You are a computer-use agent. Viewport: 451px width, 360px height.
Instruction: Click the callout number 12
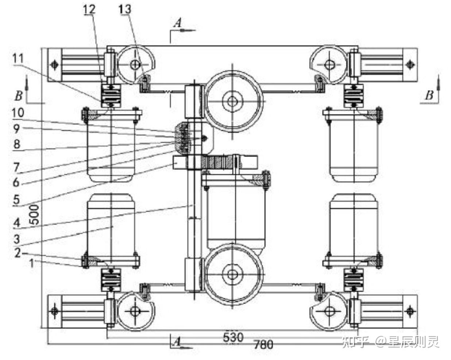(x=89, y=9)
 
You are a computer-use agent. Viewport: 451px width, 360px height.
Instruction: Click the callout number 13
(x=125, y=9)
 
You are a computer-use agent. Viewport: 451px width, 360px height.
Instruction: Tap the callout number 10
(x=18, y=113)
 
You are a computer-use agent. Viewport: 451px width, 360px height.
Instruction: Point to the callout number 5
(x=16, y=199)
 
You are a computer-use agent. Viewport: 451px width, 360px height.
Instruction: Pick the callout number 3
(x=16, y=239)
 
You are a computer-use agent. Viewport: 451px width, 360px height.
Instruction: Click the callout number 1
(x=32, y=263)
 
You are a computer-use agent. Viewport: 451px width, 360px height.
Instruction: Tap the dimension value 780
(x=264, y=345)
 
